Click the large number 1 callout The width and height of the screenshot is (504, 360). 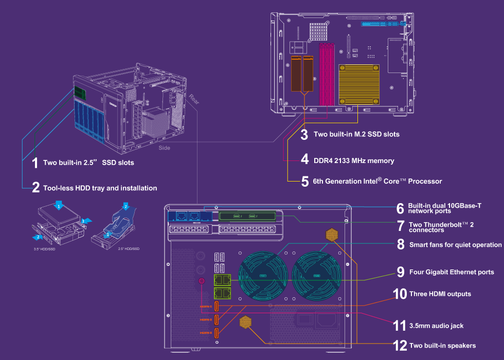35,163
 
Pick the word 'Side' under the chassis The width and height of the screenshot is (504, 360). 164,148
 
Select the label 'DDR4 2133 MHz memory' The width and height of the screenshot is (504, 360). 354,160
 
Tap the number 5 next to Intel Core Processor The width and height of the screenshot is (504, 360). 305,182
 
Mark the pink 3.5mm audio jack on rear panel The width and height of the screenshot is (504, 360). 202,281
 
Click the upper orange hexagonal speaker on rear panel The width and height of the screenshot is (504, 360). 332,235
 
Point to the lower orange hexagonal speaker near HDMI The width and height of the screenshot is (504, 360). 246,322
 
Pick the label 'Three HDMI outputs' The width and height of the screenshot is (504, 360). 440,294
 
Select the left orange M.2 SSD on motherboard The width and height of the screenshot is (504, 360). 297,74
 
